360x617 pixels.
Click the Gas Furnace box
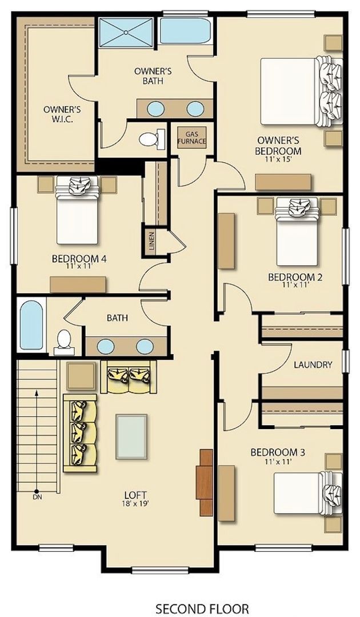point(192,138)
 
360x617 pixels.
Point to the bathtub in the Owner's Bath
point(185,31)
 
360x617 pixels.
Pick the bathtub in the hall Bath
point(31,325)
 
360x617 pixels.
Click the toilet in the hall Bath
point(64,341)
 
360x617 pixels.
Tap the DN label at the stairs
point(38,497)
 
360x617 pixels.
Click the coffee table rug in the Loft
point(131,436)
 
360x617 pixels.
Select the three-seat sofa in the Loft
point(80,433)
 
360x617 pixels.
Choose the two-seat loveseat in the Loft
point(128,376)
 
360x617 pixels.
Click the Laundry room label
point(313,364)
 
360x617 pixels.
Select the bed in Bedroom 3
point(307,493)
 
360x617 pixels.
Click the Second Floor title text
point(202,609)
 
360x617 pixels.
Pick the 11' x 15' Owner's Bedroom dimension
point(278,159)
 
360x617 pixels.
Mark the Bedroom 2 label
point(295,278)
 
